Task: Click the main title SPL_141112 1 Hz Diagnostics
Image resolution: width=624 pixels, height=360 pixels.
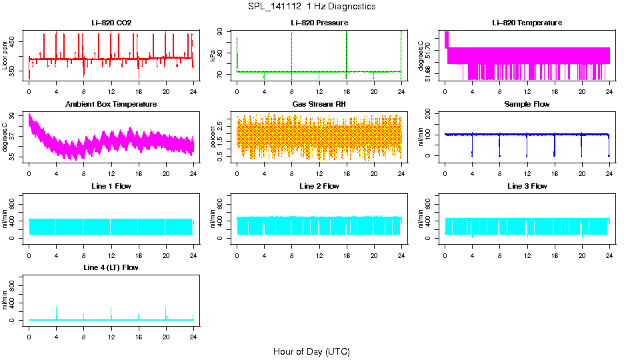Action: click(x=311, y=7)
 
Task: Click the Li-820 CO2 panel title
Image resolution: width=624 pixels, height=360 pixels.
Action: click(x=111, y=23)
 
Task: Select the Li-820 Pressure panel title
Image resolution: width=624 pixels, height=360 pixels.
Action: click(x=319, y=23)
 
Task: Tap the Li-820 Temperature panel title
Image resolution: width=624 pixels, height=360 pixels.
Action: click(x=527, y=23)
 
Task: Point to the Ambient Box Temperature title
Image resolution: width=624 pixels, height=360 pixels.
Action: click(x=111, y=105)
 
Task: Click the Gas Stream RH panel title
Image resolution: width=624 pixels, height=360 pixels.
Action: click(x=319, y=105)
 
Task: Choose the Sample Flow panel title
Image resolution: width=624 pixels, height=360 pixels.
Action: click(x=527, y=105)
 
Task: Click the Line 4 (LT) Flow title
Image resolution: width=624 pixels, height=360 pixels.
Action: click(x=111, y=268)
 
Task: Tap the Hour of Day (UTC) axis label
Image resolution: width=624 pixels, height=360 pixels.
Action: click(x=311, y=351)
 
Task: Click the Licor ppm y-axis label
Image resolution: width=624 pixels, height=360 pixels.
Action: click(x=5, y=56)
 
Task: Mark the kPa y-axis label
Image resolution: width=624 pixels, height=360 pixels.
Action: click(x=213, y=56)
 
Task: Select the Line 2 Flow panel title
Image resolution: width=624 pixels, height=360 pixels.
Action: click(x=319, y=186)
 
